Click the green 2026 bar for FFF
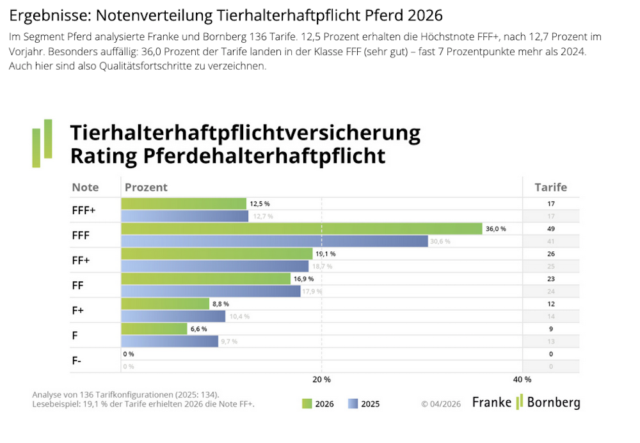click(x=301, y=229)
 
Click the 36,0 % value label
click(x=496, y=229)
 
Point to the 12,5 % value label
click(x=260, y=204)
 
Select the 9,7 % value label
click(x=229, y=341)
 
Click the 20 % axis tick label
click(x=321, y=380)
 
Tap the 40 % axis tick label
click(x=522, y=380)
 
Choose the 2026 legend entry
click(x=317, y=404)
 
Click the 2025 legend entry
click(x=364, y=404)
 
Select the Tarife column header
click(x=550, y=187)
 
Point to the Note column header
click(x=85, y=187)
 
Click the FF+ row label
click(x=81, y=260)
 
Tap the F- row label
click(x=77, y=361)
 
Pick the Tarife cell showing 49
click(x=551, y=229)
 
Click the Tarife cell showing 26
click(x=551, y=254)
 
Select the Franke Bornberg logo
click(x=526, y=403)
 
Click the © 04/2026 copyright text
click(x=441, y=404)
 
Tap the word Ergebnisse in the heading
click(x=45, y=14)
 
